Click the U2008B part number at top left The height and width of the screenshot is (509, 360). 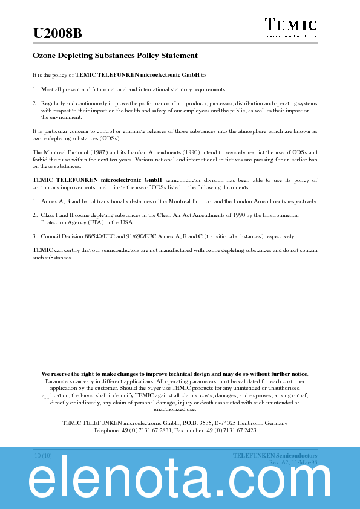[57, 34]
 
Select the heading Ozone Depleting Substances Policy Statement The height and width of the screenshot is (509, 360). [114, 56]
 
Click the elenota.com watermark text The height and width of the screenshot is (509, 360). [180, 482]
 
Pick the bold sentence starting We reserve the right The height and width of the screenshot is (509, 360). [174, 374]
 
